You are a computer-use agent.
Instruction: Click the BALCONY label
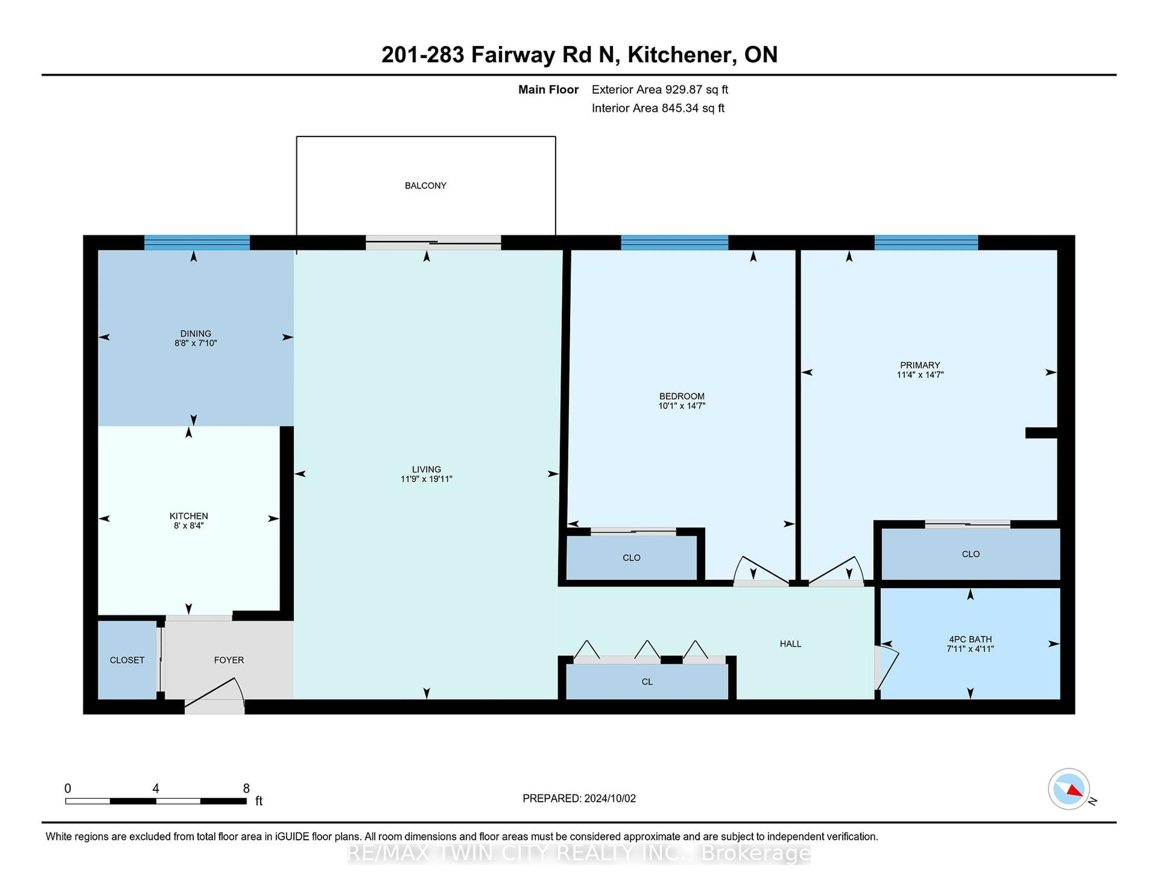point(425,185)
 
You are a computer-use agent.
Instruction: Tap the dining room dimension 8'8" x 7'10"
point(196,343)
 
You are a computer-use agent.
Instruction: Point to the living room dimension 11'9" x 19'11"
point(426,479)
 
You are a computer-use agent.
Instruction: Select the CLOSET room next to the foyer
point(127,660)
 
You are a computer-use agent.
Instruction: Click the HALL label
point(790,644)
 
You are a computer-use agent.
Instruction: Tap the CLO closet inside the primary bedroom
point(970,554)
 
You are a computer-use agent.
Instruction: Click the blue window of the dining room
point(197,243)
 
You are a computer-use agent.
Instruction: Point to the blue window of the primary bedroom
point(926,243)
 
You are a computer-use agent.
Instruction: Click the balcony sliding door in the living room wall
point(433,243)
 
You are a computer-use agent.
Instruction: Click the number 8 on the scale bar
point(246,789)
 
